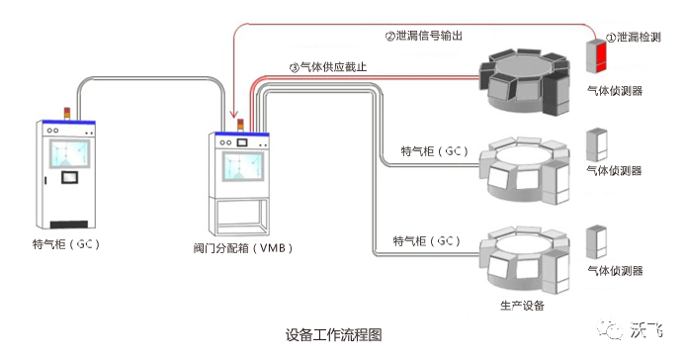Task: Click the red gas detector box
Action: point(596,56)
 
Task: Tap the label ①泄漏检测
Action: point(634,38)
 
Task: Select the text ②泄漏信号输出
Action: point(423,36)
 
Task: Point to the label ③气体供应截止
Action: point(328,67)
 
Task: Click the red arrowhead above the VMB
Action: point(234,115)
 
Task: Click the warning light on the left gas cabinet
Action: point(67,113)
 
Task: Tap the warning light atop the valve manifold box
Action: point(240,125)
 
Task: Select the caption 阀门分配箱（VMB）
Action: point(243,248)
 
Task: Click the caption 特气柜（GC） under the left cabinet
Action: point(66,243)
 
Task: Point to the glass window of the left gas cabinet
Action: point(70,153)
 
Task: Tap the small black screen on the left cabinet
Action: point(69,177)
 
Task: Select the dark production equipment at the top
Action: point(525,82)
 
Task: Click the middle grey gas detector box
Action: point(596,144)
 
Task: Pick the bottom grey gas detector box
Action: point(596,241)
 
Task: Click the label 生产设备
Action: point(522,306)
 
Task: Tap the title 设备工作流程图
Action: point(334,335)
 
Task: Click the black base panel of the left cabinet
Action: point(69,225)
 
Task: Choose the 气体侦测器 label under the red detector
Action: point(615,91)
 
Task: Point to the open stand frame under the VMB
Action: point(239,217)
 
